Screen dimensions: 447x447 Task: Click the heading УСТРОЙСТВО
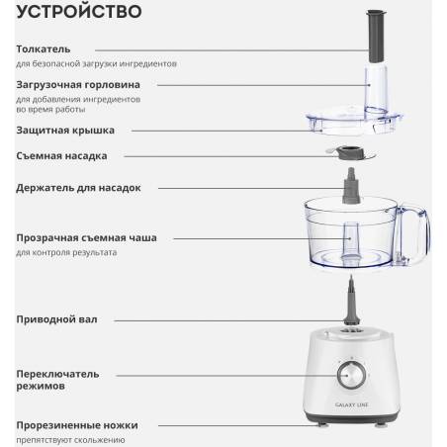point(79,11)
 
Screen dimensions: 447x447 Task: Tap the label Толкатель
point(44,49)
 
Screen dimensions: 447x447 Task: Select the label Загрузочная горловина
point(78,85)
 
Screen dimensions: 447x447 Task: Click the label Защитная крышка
point(65,131)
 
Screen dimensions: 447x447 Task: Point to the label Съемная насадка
point(61,156)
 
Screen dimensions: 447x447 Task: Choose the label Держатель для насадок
point(78,188)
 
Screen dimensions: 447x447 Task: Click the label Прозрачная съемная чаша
point(86,237)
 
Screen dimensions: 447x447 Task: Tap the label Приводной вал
point(56,319)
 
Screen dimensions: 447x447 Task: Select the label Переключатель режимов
point(57,380)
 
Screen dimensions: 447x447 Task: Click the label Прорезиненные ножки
point(77,425)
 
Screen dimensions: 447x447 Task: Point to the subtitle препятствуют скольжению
point(70,440)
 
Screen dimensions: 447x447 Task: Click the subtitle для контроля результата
point(66,252)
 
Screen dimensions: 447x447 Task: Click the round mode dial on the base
point(351,375)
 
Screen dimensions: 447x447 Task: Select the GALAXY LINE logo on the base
point(351,404)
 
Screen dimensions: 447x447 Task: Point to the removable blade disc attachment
point(351,153)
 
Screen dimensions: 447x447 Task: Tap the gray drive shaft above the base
point(351,302)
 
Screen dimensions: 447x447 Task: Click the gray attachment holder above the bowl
point(351,185)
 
